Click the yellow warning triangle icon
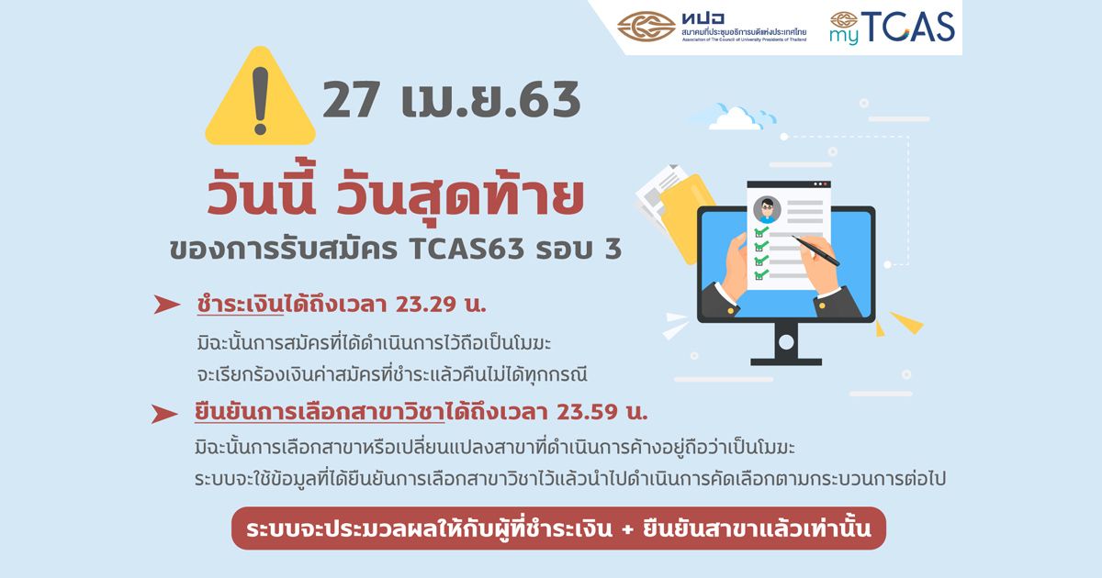click(260, 98)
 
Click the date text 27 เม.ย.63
click(452, 100)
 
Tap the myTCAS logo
click(892, 28)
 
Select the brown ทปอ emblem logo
click(647, 27)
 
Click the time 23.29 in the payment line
click(426, 305)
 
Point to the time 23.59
click(587, 412)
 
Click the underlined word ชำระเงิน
click(240, 305)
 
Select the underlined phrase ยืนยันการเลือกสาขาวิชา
click(320, 412)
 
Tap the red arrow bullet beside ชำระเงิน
click(166, 305)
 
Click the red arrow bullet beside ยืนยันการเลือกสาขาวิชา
click(164, 414)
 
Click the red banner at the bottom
click(558, 528)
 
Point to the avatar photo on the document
click(767, 209)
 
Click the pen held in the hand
click(815, 250)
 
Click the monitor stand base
click(786, 362)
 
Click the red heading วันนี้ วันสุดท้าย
click(395, 196)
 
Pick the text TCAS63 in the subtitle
click(466, 250)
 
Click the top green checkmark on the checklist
click(761, 230)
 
